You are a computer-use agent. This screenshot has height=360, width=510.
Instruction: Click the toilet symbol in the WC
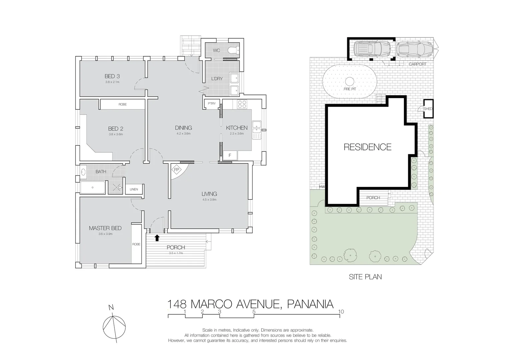click(x=233, y=50)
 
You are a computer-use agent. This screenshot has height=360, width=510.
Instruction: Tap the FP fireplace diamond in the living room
click(x=176, y=170)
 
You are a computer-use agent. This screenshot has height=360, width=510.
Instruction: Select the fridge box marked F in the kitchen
click(x=230, y=155)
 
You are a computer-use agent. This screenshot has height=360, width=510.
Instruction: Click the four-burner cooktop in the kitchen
click(x=242, y=104)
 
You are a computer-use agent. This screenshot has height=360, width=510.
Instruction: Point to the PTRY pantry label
click(x=212, y=104)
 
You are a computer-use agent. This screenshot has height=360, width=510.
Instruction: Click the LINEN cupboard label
click(x=134, y=189)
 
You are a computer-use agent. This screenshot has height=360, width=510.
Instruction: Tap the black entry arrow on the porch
click(x=157, y=238)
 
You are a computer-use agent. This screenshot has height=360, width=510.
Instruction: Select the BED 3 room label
click(x=112, y=76)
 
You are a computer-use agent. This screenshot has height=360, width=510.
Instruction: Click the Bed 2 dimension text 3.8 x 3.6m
click(x=116, y=134)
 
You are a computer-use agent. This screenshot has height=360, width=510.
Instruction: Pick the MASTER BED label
click(x=105, y=228)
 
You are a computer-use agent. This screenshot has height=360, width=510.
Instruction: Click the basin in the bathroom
click(x=83, y=172)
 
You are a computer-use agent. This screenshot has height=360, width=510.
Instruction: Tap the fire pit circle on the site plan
click(x=350, y=81)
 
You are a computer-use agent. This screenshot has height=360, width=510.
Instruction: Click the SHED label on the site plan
click(x=428, y=109)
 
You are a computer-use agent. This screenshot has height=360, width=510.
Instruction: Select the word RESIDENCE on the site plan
click(x=368, y=147)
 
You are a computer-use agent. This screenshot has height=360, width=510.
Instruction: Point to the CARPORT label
click(x=418, y=64)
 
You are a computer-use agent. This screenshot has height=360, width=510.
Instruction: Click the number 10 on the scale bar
click(x=341, y=312)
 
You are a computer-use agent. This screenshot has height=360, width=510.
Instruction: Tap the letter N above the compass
click(x=111, y=308)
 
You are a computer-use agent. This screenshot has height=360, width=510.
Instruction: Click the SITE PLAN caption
click(x=365, y=277)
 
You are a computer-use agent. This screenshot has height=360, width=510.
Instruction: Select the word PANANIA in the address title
click(x=310, y=304)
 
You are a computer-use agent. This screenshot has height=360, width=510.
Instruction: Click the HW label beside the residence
click(x=322, y=187)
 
